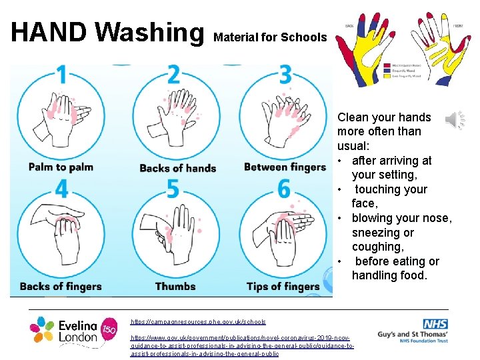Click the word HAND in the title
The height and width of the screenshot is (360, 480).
49,33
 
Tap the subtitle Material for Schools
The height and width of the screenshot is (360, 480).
270,37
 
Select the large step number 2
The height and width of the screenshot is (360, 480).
174,75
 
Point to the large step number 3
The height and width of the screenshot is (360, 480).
285,75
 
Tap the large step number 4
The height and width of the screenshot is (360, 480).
61,189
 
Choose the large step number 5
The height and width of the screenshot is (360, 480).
173,189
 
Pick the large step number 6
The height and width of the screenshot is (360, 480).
285,189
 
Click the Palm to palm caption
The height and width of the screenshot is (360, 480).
61,167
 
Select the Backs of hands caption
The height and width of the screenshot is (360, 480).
177,168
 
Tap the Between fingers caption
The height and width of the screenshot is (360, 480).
285,167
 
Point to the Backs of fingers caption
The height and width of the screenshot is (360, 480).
61,287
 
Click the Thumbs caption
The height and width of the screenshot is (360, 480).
175,287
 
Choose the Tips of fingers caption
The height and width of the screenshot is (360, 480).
283,287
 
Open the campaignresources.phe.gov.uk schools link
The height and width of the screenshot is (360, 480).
198,322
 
